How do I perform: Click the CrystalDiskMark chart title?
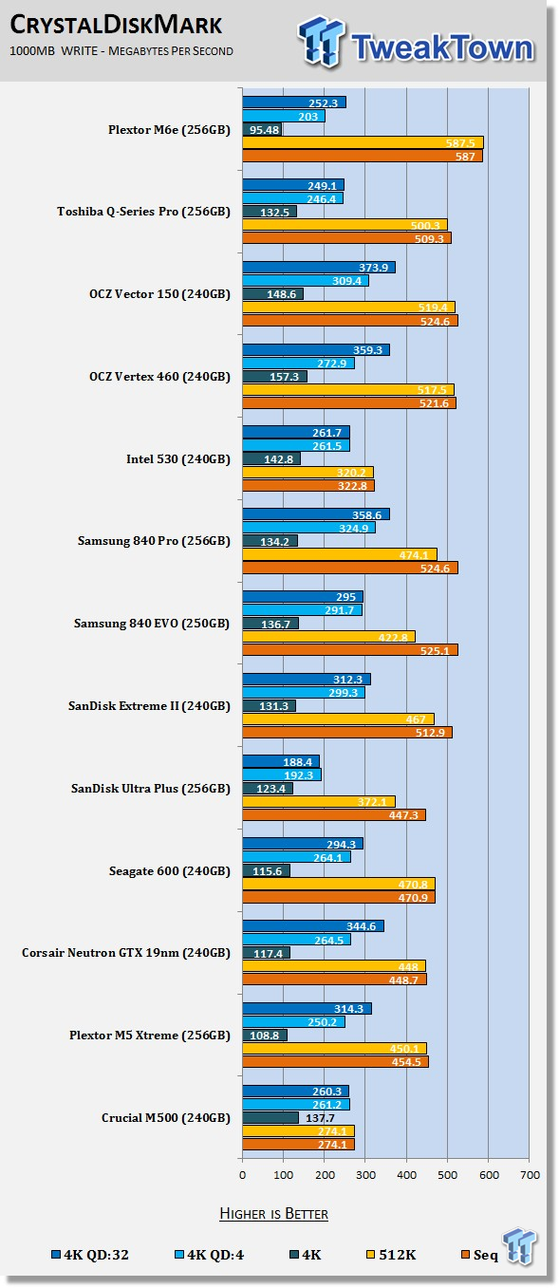(116, 25)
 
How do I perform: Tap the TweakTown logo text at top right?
(441, 47)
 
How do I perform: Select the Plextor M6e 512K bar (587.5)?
(363, 142)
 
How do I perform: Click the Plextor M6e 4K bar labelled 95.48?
(262, 129)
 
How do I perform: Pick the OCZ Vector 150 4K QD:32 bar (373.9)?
(319, 267)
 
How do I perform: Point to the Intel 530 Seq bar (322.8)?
(308, 486)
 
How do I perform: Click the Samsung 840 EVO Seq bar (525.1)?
(350, 650)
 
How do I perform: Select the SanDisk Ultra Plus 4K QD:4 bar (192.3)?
(282, 775)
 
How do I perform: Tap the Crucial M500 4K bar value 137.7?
(320, 1118)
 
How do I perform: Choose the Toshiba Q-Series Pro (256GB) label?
(143, 212)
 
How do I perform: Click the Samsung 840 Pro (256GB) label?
(154, 541)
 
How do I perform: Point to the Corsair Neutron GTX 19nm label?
(126, 953)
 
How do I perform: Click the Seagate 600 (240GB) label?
(170, 871)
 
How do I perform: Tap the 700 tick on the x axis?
(530, 1175)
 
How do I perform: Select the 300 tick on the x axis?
(365, 1175)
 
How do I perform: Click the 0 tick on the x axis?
(242, 1175)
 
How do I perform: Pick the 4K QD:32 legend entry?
(90, 1255)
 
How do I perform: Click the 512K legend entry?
(391, 1255)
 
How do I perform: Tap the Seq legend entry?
(479, 1255)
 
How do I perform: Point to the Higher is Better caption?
(273, 1214)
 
